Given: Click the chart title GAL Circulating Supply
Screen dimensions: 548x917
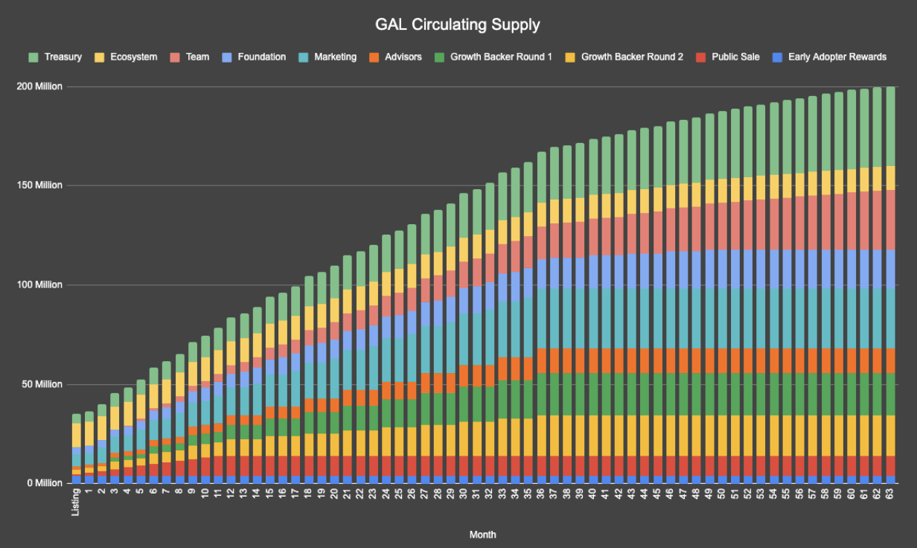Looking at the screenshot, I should pyautogui.click(x=458, y=25).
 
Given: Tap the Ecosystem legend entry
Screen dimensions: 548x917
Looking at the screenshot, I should pyautogui.click(x=129, y=57).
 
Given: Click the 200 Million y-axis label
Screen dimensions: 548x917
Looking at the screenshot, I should pyautogui.click(x=39, y=87).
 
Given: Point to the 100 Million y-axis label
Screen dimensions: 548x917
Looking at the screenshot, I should pyautogui.click(x=39, y=285).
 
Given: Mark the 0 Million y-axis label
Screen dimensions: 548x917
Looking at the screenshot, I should pyautogui.click(x=43, y=483).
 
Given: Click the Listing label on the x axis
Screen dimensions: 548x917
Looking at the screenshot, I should pyautogui.click(x=76, y=501).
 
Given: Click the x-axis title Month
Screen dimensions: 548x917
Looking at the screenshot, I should pyautogui.click(x=483, y=535).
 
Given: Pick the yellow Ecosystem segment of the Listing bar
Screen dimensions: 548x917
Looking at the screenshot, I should pyautogui.click(x=76, y=435).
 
